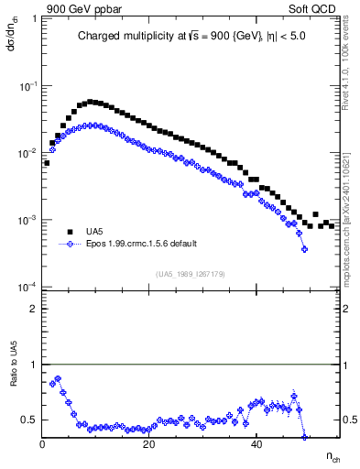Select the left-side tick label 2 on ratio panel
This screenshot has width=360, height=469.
(x=34, y=309)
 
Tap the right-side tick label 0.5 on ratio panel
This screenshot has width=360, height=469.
(x=348, y=420)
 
